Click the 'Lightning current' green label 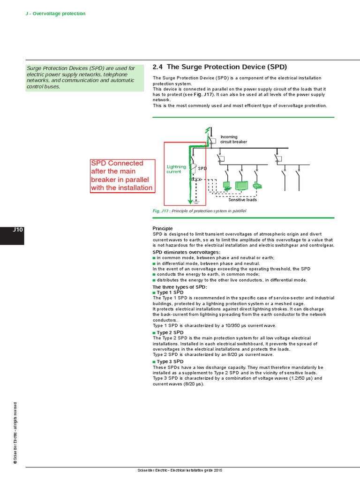click(x=176, y=169)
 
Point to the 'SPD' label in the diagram click(x=202, y=168)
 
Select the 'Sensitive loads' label click(x=242, y=200)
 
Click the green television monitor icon click(x=242, y=186)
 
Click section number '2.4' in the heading click(x=158, y=67)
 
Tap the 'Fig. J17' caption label click(x=161, y=211)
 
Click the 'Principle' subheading click(x=163, y=228)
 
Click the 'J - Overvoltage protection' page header click(x=55, y=14)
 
